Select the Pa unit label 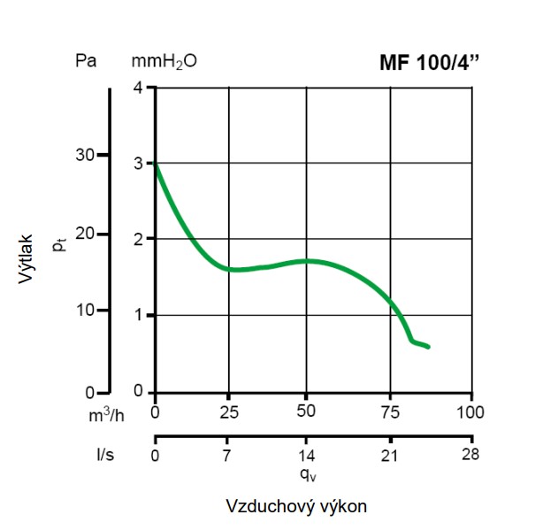(x=86, y=62)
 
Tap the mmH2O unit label (x=164, y=63)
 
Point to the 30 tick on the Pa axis (x=84, y=155)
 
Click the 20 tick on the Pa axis (x=84, y=234)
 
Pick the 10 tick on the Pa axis (x=84, y=311)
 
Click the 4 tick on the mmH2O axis (x=137, y=87)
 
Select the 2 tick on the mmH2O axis (x=137, y=239)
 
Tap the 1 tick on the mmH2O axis (x=137, y=315)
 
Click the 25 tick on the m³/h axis (x=229, y=411)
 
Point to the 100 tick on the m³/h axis (x=470, y=411)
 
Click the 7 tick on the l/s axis (x=226, y=457)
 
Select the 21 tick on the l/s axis (x=386, y=457)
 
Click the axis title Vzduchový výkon (x=295, y=507)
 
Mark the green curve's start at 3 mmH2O (x=156, y=164)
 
